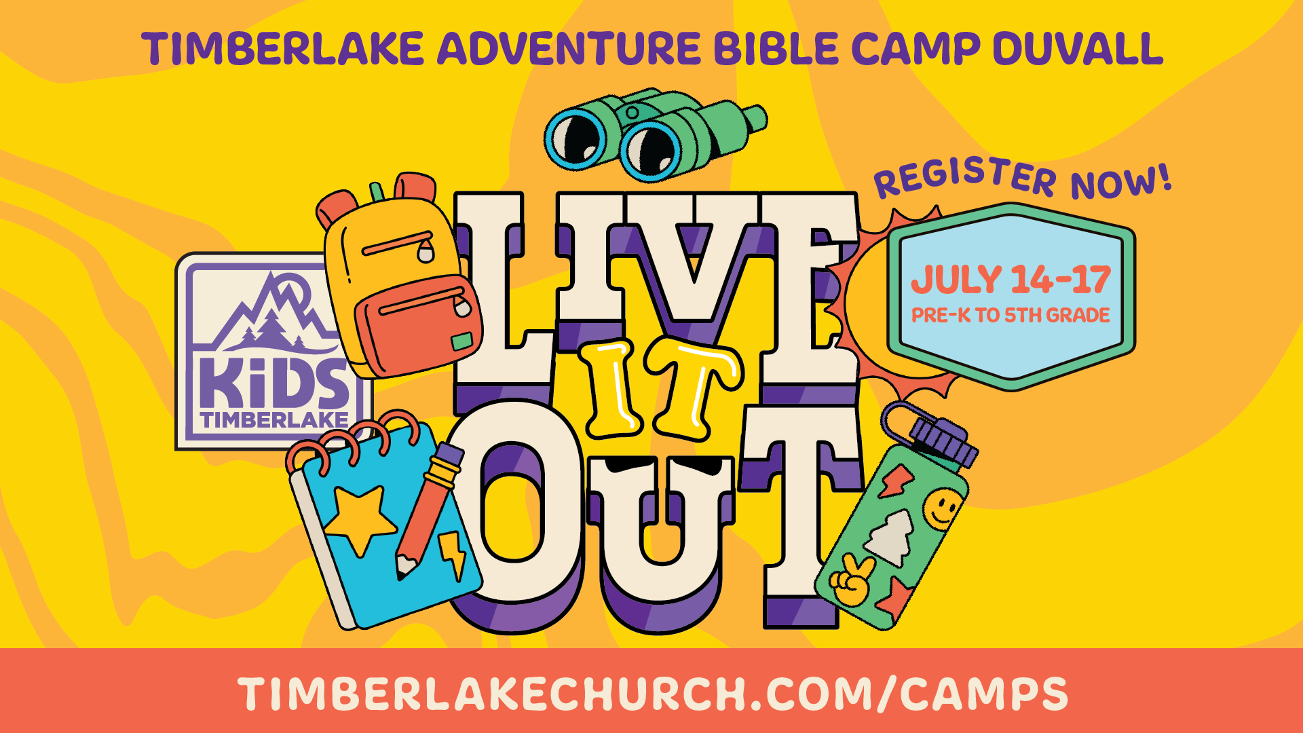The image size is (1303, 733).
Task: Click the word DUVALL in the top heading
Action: tap(1078, 49)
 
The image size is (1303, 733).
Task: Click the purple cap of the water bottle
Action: tap(943, 441)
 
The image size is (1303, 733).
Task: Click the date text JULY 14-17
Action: tap(1011, 280)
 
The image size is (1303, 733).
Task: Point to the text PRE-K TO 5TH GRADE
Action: tap(1011, 315)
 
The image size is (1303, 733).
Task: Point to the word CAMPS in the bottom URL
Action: tap(985, 694)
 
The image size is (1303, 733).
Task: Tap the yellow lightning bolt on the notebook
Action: tap(453, 554)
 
